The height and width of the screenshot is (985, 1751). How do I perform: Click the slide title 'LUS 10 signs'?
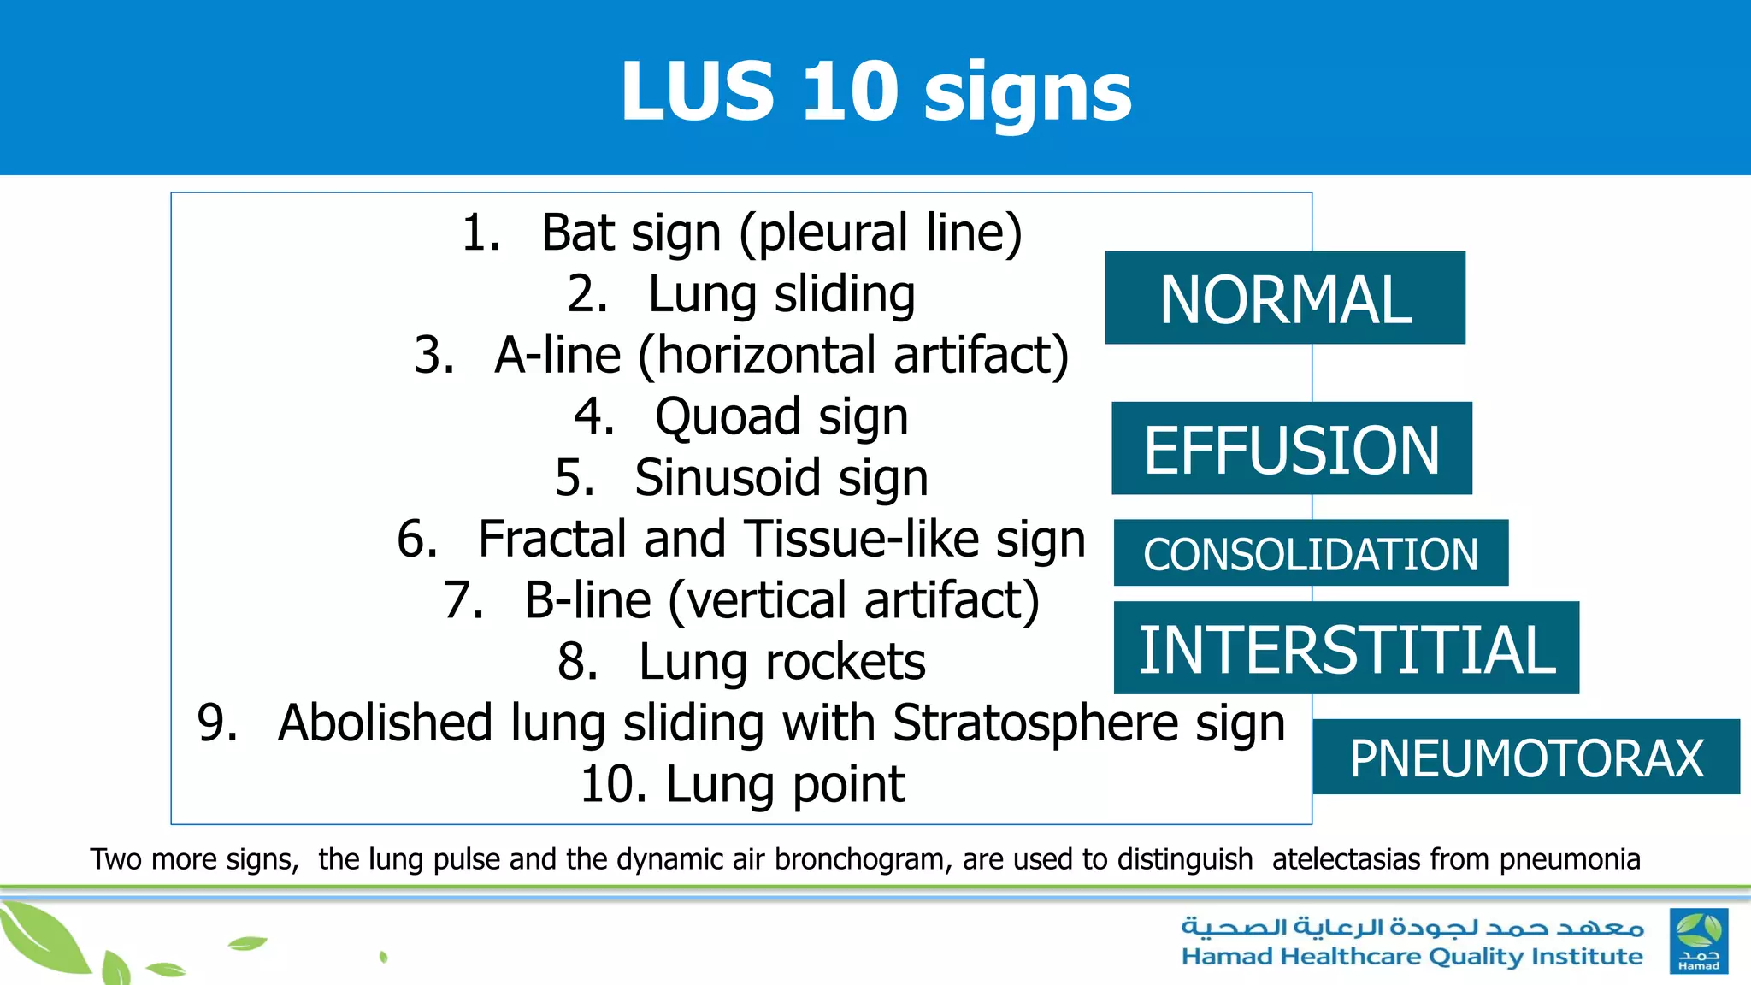pyautogui.click(x=875, y=92)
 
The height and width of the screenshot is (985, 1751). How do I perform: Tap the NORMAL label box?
pyautogui.click(x=1284, y=298)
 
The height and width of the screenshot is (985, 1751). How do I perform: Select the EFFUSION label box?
pyautogui.click(x=1291, y=449)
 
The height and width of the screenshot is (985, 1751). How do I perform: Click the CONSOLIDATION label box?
pyautogui.click(x=1310, y=553)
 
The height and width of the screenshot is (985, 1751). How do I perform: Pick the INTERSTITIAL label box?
pyautogui.click(x=1346, y=648)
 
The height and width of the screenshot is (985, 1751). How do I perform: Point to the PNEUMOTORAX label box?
pyautogui.click(x=1525, y=758)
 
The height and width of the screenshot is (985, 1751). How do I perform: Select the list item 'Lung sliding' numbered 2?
pyautogui.click(x=781, y=294)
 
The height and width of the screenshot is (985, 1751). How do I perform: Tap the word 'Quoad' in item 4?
pyautogui.click(x=728, y=417)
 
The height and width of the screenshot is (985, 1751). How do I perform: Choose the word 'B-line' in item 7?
pyautogui.click(x=587, y=600)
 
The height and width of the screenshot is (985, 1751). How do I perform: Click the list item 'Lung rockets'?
pyautogui.click(x=781, y=662)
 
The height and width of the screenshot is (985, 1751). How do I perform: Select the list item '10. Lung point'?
pyautogui.click(x=742, y=784)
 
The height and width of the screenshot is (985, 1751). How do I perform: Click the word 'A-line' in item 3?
pyautogui.click(x=557, y=356)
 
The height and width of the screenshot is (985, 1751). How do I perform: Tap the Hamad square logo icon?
pyautogui.click(x=1698, y=941)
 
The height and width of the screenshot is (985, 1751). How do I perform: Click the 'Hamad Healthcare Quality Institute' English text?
pyautogui.click(x=1412, y=957)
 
